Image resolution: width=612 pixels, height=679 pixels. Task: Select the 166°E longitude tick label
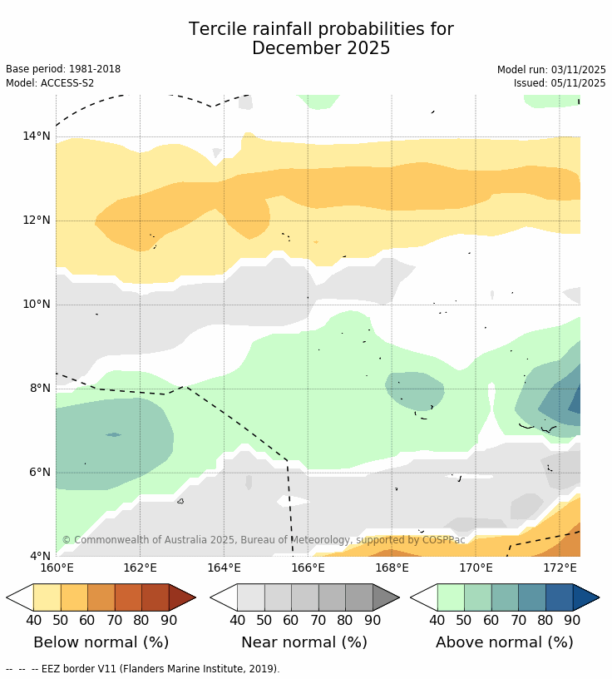(308, 568)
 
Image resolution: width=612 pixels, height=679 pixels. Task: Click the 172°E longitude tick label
(560, 568)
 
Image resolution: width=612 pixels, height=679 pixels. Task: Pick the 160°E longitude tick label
(56, 568)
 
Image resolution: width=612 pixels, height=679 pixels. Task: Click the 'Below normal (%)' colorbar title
(101, 642)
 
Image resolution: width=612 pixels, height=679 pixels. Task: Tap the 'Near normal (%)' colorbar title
(304, 642)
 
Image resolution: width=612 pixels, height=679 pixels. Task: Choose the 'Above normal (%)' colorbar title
(504, 642)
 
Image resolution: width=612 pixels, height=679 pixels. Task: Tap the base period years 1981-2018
(93, 70)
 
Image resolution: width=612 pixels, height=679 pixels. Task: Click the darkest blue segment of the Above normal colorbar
(559, 597)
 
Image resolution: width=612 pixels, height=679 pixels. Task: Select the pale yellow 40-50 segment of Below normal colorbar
(47, 597)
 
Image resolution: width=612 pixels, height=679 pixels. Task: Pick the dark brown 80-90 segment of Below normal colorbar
(155, 597)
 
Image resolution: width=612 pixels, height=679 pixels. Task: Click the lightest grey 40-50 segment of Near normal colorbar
(250, 597)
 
